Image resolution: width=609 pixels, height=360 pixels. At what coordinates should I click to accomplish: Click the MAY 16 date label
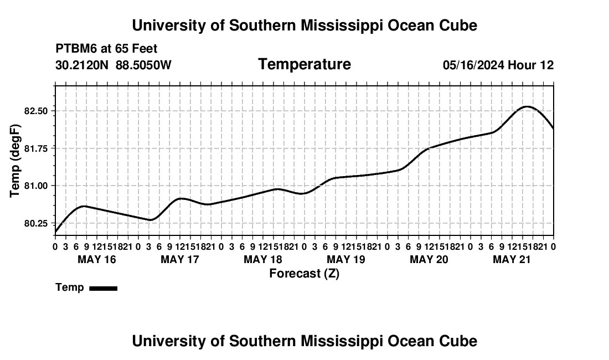[x=97, y=259]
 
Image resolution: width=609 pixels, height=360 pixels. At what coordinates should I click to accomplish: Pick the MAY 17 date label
[x=180, y=259]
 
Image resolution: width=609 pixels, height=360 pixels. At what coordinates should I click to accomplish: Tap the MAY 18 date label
[x=263, y=259]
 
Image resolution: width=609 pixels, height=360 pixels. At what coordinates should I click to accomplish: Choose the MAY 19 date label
[x=346, y=259]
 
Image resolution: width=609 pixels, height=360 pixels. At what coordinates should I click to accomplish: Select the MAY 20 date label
[x=429, y=259]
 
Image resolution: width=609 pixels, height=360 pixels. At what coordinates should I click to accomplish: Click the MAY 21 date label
[x=512, y=259]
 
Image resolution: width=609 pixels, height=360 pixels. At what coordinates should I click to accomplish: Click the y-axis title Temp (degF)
[x=15, y=161]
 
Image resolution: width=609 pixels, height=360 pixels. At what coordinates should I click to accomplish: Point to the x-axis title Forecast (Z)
[x=304, y=274]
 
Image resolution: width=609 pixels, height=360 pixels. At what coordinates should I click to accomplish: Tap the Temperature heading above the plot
[x=304, y=64]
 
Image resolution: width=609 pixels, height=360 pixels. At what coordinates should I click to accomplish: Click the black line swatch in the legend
[x=104, y=288]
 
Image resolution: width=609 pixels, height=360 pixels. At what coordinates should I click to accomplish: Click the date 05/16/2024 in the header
[x=474, y=65]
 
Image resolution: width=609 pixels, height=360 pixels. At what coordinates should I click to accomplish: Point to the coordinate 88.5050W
[x=143, y=65]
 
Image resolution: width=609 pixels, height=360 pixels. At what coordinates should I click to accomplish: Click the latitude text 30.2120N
[x=82, y=65]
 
